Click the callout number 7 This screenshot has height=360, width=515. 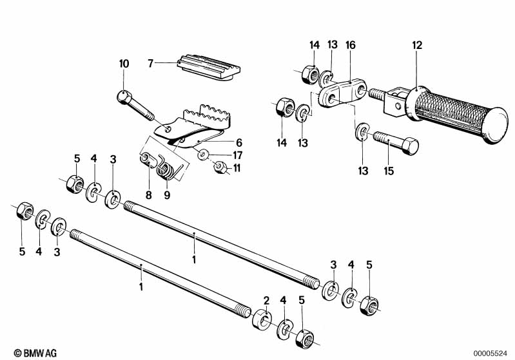(x=150, y=64)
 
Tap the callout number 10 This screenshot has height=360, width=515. (x=124, y=64)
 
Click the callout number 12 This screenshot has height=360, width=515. (x=417, y=45)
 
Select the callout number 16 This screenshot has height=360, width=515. (x=350, y=45)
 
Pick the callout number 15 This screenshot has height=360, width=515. (x=388, y=171)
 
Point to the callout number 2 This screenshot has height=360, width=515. (x=266, y=299)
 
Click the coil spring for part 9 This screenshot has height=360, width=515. (x=166, y=171)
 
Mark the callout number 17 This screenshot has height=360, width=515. (x=238, y=155)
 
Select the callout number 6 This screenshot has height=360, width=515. (x=238, y=142)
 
